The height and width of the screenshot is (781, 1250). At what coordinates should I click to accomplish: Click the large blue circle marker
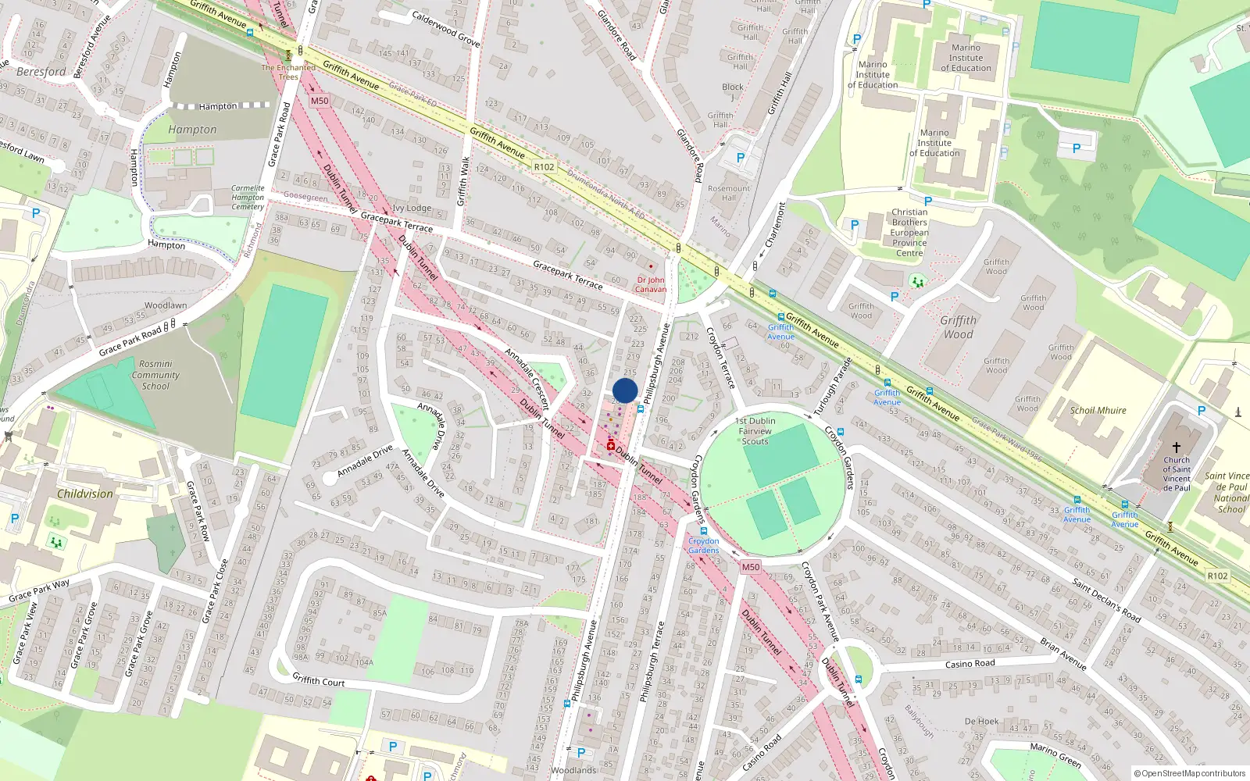[x=625, y=390]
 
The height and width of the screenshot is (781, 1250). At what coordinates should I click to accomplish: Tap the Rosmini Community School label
[x=155, y=375]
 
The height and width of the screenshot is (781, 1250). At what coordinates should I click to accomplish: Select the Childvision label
[x=85, y=494]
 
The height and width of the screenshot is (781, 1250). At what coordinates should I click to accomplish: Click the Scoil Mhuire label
[x=1098, y=410]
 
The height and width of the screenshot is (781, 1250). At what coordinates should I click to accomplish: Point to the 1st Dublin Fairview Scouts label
[x=755, y=431]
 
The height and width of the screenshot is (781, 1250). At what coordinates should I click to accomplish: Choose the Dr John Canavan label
[x=651, y=284]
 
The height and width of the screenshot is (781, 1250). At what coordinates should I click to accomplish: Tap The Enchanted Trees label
[x=288, y=72]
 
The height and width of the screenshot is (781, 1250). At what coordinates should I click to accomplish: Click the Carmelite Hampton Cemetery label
[x=248, y=198]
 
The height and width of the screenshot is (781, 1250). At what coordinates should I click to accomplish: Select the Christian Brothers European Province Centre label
[x=909, y=233]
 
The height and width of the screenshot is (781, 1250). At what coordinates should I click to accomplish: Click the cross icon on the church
[x=1176, y=448]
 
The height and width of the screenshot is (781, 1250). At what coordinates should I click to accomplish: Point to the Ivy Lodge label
[x=412, y=209]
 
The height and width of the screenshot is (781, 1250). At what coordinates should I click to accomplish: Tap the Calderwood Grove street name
[x=445, y=28]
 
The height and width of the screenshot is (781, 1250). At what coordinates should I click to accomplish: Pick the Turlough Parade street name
[x=831, y=387]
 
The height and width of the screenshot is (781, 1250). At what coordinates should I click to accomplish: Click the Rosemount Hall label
[x=728, y=193]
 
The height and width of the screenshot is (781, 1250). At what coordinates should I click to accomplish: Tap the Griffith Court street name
[x=318, y=680]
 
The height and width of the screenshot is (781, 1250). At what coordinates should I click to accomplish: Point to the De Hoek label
[x=981, y=722]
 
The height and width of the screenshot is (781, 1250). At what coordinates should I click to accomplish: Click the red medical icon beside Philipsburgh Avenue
[x=611, y=445]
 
